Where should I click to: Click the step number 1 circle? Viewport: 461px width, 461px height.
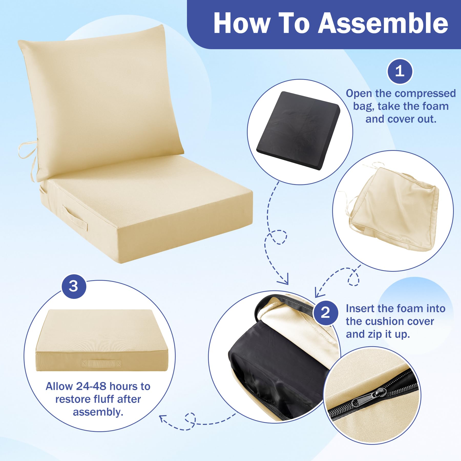pyautogui.click(x=400, y=71)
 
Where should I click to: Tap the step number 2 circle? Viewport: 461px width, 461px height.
pyautogui.click(x=326, y=313)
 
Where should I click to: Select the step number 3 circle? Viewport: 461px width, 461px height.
pyautogui.click(x=74, y=286)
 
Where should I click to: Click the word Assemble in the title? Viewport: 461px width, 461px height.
pyautogui.click(x=383, y=24)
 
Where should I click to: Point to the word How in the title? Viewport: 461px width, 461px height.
pyautogui.click(x=242, y=24)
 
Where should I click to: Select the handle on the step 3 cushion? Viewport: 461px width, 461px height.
pyautogui.click(x=101, y=363)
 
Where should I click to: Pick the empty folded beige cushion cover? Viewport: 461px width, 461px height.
pyautogui.click(x=393, y=209)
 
